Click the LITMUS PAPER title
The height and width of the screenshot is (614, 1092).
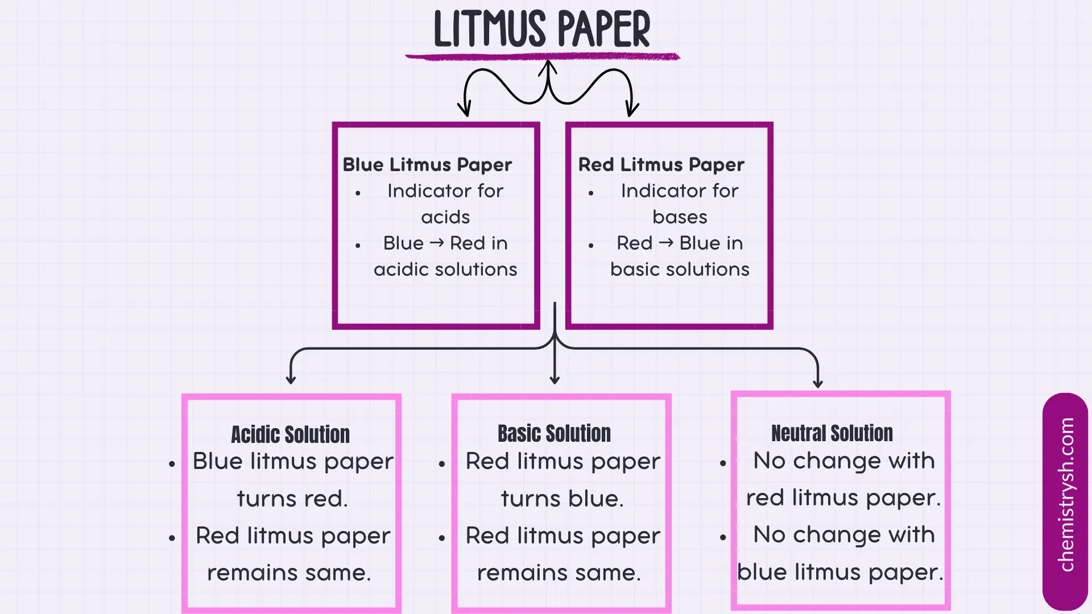click(541, 30)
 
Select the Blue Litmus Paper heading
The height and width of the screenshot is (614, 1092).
click(427, 165)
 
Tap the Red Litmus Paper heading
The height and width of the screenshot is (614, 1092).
click(661, 165)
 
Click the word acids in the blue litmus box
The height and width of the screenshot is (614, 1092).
click(445, 217)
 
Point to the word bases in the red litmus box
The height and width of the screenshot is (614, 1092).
click(680, 217)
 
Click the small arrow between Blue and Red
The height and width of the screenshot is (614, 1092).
click(437, 243)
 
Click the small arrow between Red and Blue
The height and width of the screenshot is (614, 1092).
click(666, 243)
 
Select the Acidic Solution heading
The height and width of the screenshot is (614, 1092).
click(290, 435)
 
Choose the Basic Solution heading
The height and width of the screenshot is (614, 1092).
click(554, 434)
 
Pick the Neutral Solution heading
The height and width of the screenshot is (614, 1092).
click(832, 434)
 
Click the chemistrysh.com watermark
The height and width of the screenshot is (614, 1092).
click(1066, 495)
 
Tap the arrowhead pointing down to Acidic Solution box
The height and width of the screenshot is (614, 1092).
click(291, 379)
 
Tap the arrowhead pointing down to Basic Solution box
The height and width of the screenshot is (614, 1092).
click(555, 380)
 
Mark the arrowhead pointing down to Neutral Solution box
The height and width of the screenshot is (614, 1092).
click(818, 383)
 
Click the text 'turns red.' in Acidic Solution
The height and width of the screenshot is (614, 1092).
click(292, 499)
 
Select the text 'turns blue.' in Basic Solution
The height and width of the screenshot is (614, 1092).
click(562, 499)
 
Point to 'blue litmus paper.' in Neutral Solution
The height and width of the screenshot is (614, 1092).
click(839, 572)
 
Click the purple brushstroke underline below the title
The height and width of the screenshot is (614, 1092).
click(541, 56)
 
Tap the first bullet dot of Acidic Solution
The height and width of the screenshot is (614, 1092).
click(172, 464)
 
